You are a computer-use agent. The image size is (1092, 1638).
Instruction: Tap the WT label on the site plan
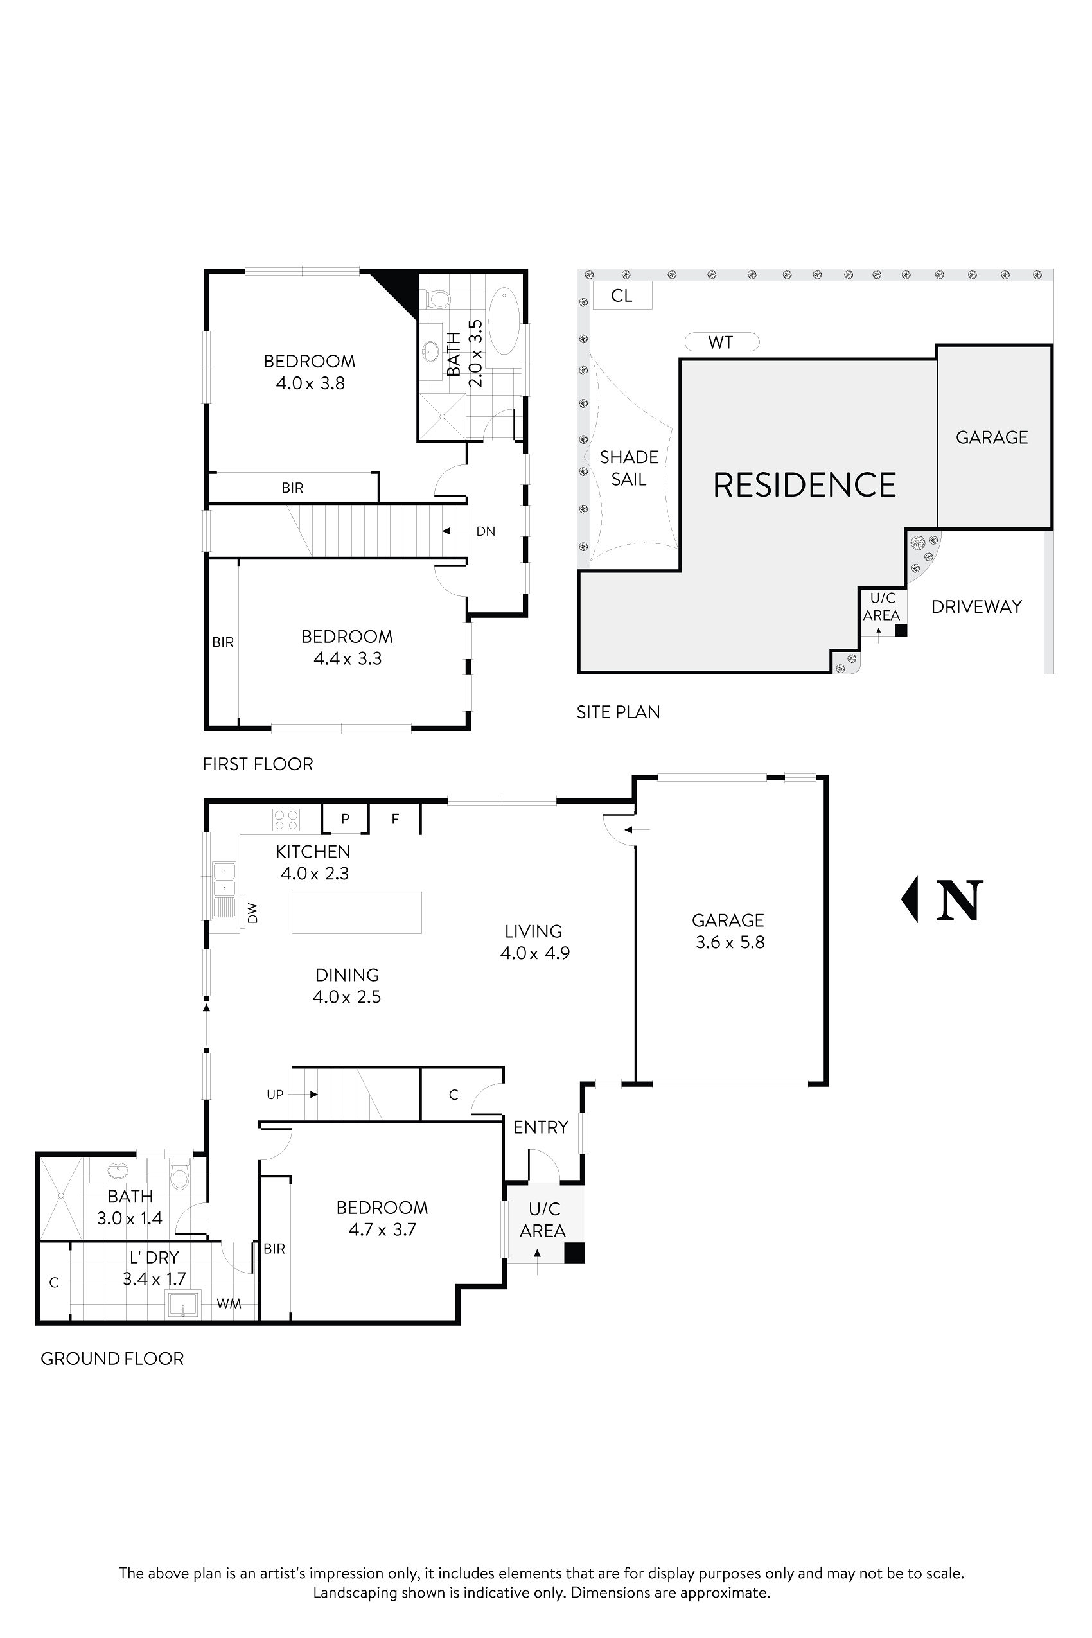[721, 342]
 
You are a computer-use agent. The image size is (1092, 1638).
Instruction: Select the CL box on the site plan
[621, 296]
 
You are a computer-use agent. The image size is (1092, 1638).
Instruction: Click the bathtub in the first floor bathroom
[504, 322]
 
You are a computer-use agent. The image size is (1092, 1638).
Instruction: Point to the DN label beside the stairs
[486, 531]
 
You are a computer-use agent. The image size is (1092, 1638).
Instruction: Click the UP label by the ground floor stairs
[275, 1095]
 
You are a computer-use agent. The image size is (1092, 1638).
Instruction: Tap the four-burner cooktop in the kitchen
[286, 819]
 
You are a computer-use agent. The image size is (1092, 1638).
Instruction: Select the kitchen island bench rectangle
[357, 912]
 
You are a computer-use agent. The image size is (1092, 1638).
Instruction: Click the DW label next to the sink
[252, 913]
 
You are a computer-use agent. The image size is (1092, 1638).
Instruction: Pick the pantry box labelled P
[345, 819]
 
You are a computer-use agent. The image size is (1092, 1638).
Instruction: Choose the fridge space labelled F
[395, 819]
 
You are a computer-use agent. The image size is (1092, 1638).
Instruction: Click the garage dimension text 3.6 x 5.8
[730, 942]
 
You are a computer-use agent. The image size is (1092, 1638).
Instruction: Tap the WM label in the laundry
[229, 1304]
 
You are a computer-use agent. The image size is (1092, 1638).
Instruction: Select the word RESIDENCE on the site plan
[804, 486]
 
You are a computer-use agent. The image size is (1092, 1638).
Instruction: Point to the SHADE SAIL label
[629, 468]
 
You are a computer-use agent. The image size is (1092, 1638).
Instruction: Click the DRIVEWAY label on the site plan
[976, 606]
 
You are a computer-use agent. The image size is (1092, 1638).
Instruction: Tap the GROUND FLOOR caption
[112, 1359]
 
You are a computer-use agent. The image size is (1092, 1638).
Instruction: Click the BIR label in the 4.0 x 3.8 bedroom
[292, 488]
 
